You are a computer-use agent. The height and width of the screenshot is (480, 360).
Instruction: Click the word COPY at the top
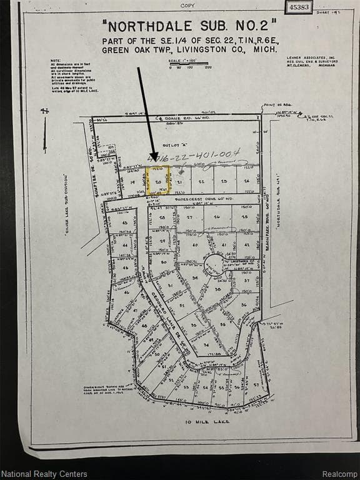[x=187, y=5]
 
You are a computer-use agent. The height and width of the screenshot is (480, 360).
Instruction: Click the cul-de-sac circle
[x=214, y=265]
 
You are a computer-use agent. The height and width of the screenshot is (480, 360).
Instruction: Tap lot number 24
[x=246, y=181]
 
